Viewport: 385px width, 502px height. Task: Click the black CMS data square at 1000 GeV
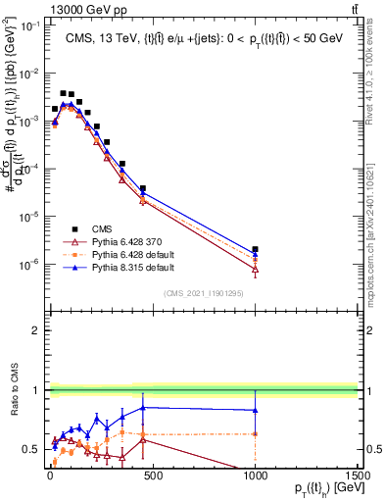click(255, 250)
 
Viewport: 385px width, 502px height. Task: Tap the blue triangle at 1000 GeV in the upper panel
click(255, 255)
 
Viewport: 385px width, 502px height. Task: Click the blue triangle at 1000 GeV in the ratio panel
click(255, 410)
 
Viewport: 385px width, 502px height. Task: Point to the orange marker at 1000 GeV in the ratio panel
click(255, 433)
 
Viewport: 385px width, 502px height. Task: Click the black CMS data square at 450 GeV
click(142, 188)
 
